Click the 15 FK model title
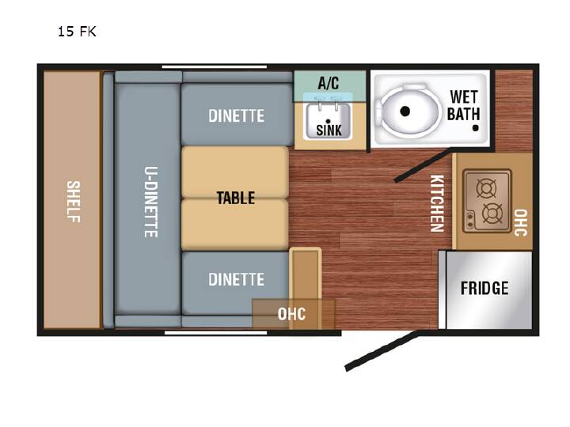coord(77,32)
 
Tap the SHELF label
coord(74,202)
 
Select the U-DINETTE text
coord(151,202)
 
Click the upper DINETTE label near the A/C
coord(236,115)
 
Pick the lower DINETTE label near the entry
coord(236,279)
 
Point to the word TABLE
coord(236,198)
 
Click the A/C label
coord(329,83)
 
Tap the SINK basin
coord(329,121)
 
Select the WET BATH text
coord(463,105)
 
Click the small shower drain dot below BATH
coord(475,128)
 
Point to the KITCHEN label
coord(437,203)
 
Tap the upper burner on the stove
coord(486,188)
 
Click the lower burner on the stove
coord(492,213)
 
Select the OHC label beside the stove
coord(521,222)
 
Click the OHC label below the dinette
coord(291,314)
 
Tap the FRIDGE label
coord(484,289)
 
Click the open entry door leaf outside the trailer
coord(382,351)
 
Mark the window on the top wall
coord(215,66)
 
